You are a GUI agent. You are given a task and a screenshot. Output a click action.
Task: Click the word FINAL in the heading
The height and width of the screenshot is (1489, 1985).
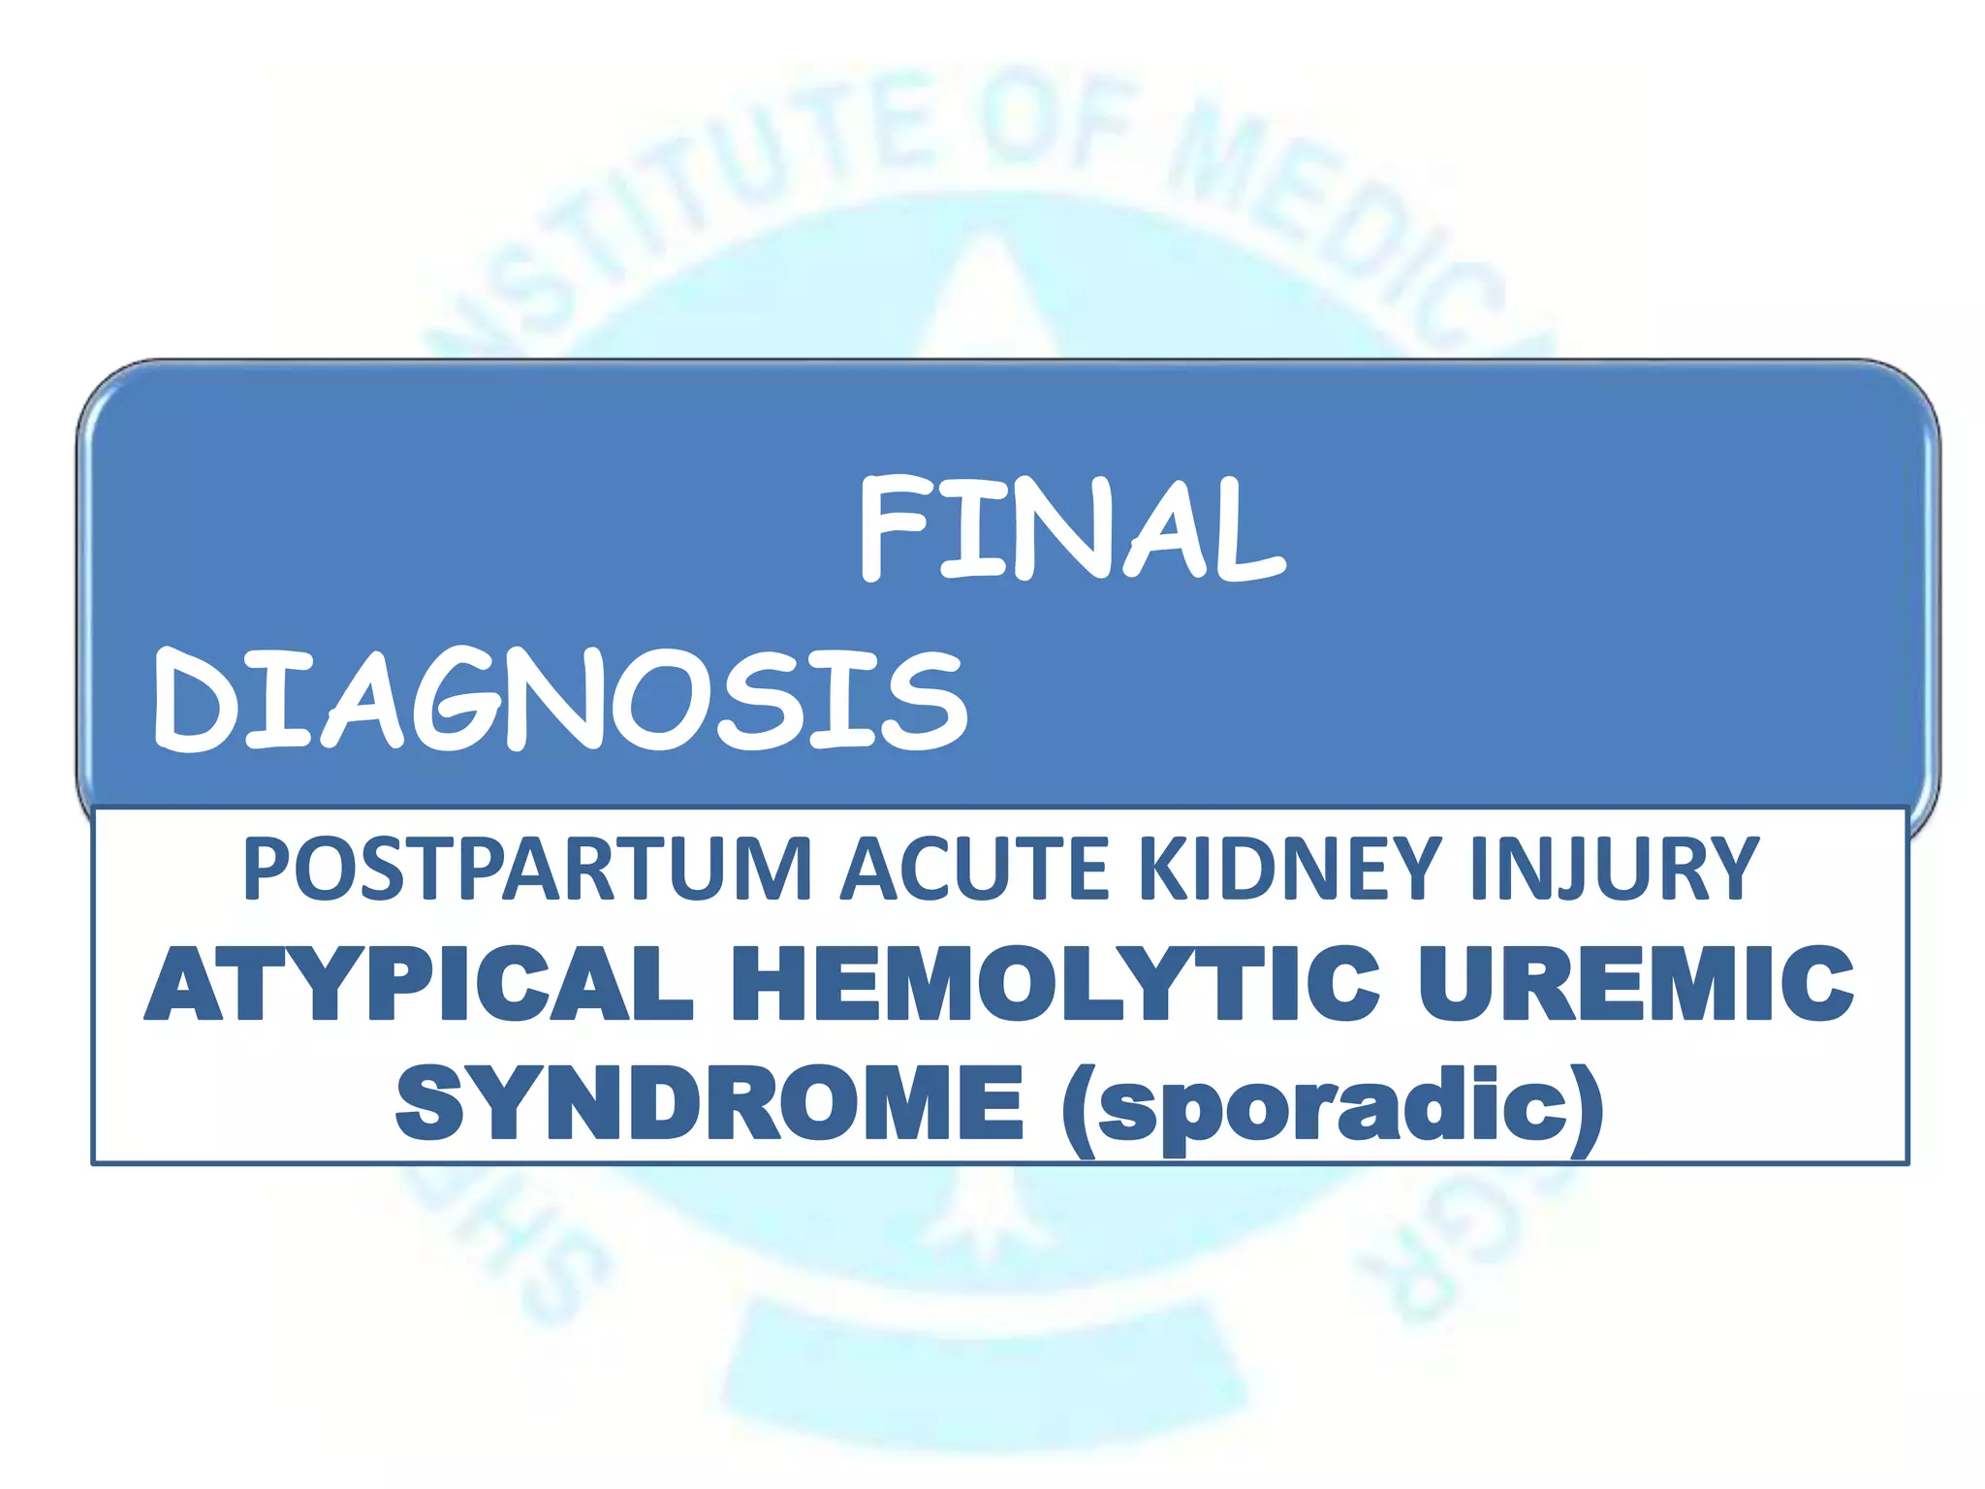click(1072, 529)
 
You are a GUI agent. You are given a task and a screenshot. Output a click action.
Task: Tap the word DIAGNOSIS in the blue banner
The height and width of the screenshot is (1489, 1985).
click(560, 700)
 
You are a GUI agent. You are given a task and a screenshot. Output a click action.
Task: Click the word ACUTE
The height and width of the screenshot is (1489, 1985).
click(974, 869)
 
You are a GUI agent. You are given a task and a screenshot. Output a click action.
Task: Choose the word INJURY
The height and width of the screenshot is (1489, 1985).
click(1613, 869)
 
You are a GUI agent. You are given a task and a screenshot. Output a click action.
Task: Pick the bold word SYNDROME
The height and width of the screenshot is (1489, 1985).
click(709, 1103)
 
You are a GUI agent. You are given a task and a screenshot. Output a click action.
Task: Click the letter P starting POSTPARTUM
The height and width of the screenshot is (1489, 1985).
click(265, 869)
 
